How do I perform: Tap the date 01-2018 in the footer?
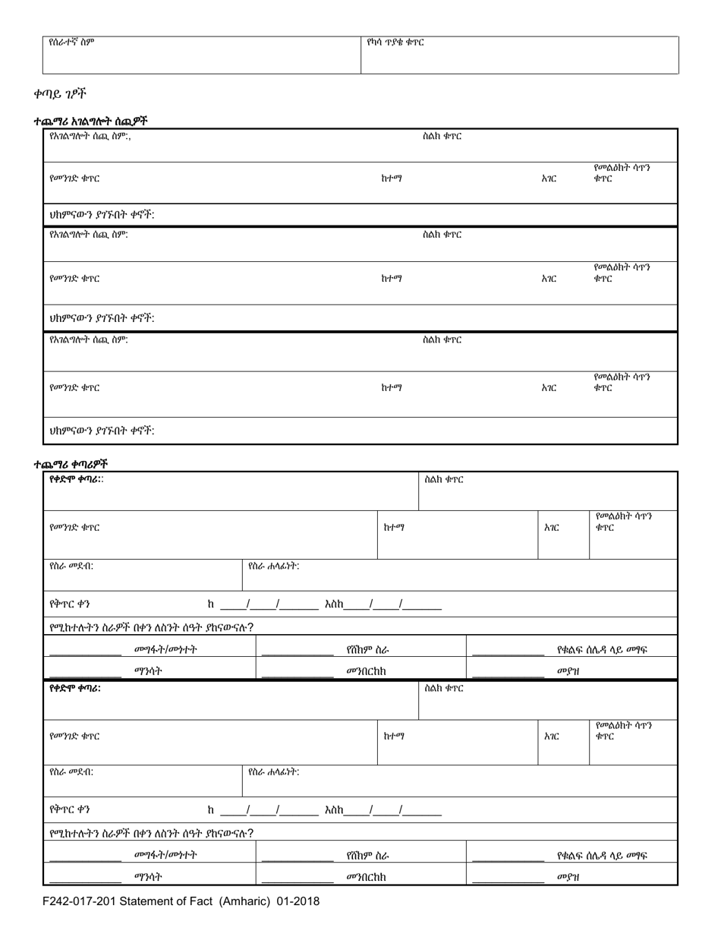point(296,902)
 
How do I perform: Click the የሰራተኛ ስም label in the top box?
point(71,43)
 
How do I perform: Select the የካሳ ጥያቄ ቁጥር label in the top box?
point(395,43)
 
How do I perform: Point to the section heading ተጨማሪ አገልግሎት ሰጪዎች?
point(90,121)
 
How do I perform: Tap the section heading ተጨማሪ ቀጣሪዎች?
point(70,463)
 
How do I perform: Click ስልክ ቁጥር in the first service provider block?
point(442,137)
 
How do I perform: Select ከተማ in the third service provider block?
point(391,387)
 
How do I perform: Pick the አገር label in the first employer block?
point(552,527)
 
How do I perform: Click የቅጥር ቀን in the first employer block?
point(70,605)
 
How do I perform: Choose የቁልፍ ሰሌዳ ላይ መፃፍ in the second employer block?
point(602,855)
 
